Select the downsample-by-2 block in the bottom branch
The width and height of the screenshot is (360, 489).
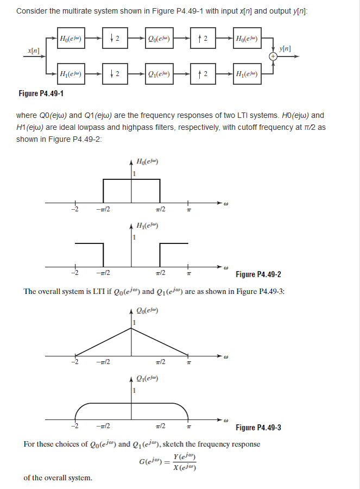[x=115, y=74]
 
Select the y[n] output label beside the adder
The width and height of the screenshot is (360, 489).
[x=286, y=49]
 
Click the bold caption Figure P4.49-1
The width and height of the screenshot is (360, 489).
[x=41, y=93]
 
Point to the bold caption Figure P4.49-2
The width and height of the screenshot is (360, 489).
[x=258, y=274]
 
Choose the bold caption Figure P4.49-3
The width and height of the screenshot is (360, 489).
[x=258, y=428]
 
